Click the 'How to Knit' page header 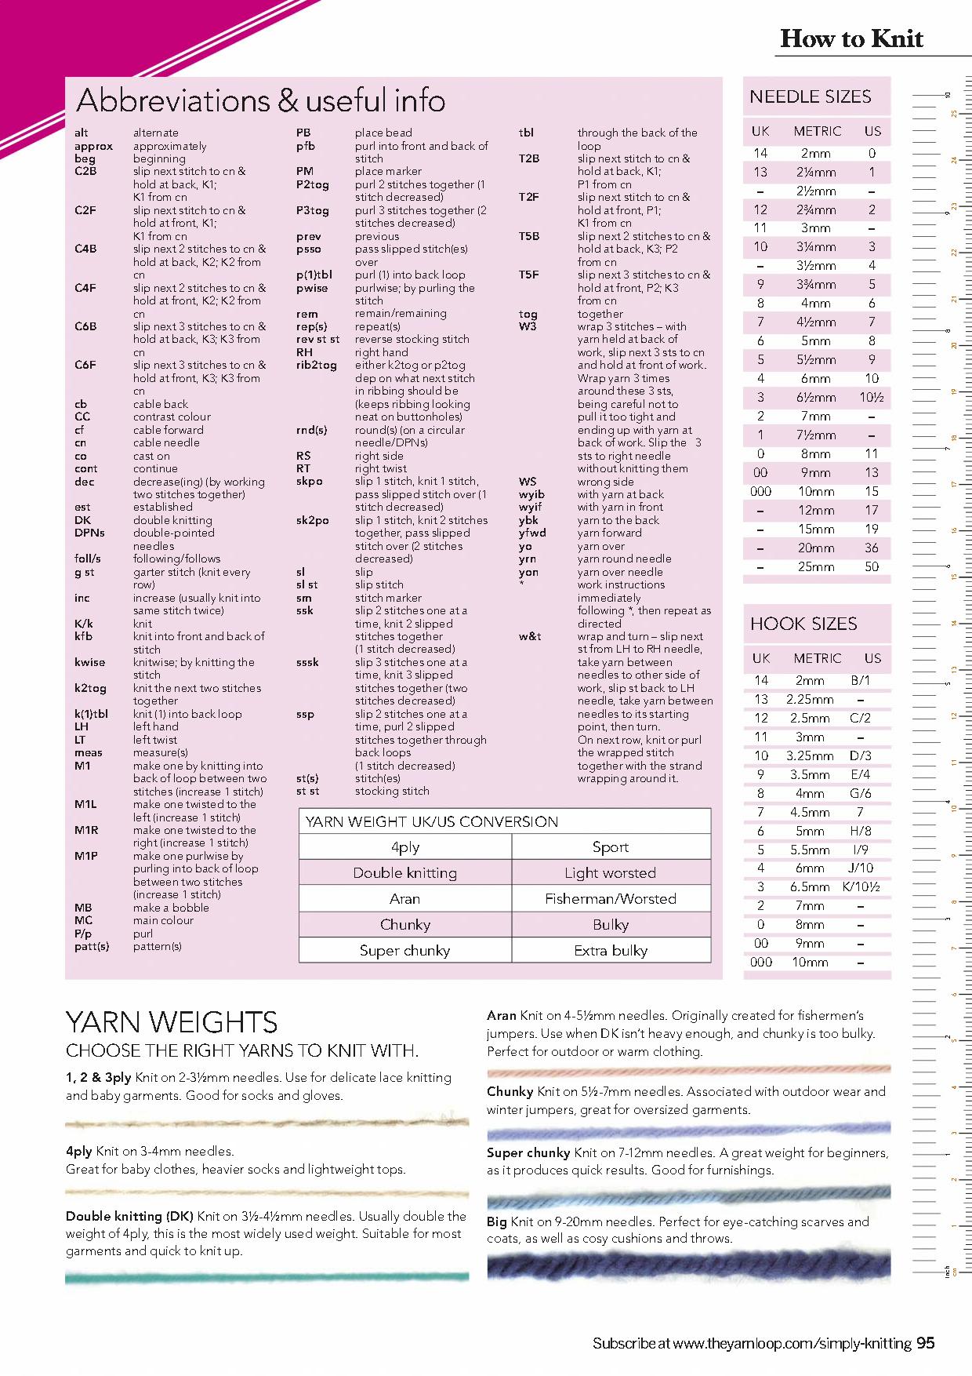851,39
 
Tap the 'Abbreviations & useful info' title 260,100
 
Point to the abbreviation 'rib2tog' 316,365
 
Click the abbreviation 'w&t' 529,636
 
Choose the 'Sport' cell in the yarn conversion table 611,847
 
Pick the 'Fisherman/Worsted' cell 611,899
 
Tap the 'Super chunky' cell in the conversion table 404,951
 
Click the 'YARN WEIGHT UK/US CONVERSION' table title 432,822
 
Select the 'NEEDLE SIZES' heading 811,97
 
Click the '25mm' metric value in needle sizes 815,567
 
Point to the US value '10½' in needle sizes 872,398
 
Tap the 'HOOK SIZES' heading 803,624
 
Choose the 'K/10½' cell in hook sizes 861,887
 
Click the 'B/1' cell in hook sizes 860,681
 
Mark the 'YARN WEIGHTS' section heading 172,1023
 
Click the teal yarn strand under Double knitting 267,1278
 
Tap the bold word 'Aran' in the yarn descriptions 501,1016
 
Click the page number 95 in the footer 925,1344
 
